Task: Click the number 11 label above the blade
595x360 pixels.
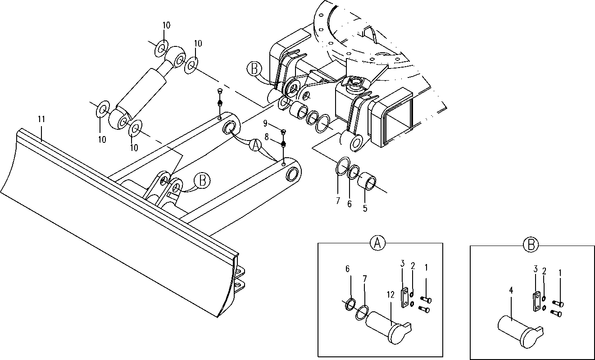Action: pos(41,119)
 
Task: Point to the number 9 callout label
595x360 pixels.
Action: pos(265,123)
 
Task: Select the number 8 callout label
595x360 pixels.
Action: pos(267,137)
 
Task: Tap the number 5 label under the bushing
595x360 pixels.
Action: pos(365,208)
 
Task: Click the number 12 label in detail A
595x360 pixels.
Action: pos(391,295)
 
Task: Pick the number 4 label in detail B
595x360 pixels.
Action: pos(511,291)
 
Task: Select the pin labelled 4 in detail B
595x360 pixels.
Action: pos(520,331)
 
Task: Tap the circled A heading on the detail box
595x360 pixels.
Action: pos(377,243)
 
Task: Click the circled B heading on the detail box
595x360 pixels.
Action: pos(531,245)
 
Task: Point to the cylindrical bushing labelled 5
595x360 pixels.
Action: pos(367,182)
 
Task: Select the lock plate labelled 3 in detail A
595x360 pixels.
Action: pos(404,298)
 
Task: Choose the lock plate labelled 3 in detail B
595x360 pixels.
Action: pos(536,301)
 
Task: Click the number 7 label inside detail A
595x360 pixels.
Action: pos(365,279)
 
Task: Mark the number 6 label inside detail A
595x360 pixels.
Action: pos(347,269)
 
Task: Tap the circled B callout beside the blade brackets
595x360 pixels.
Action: pos(202,181)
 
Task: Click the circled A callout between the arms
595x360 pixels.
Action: pos(255,145)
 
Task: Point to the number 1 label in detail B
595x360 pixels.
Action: pos(560,273)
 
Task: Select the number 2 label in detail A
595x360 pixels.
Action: pos(413,266)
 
